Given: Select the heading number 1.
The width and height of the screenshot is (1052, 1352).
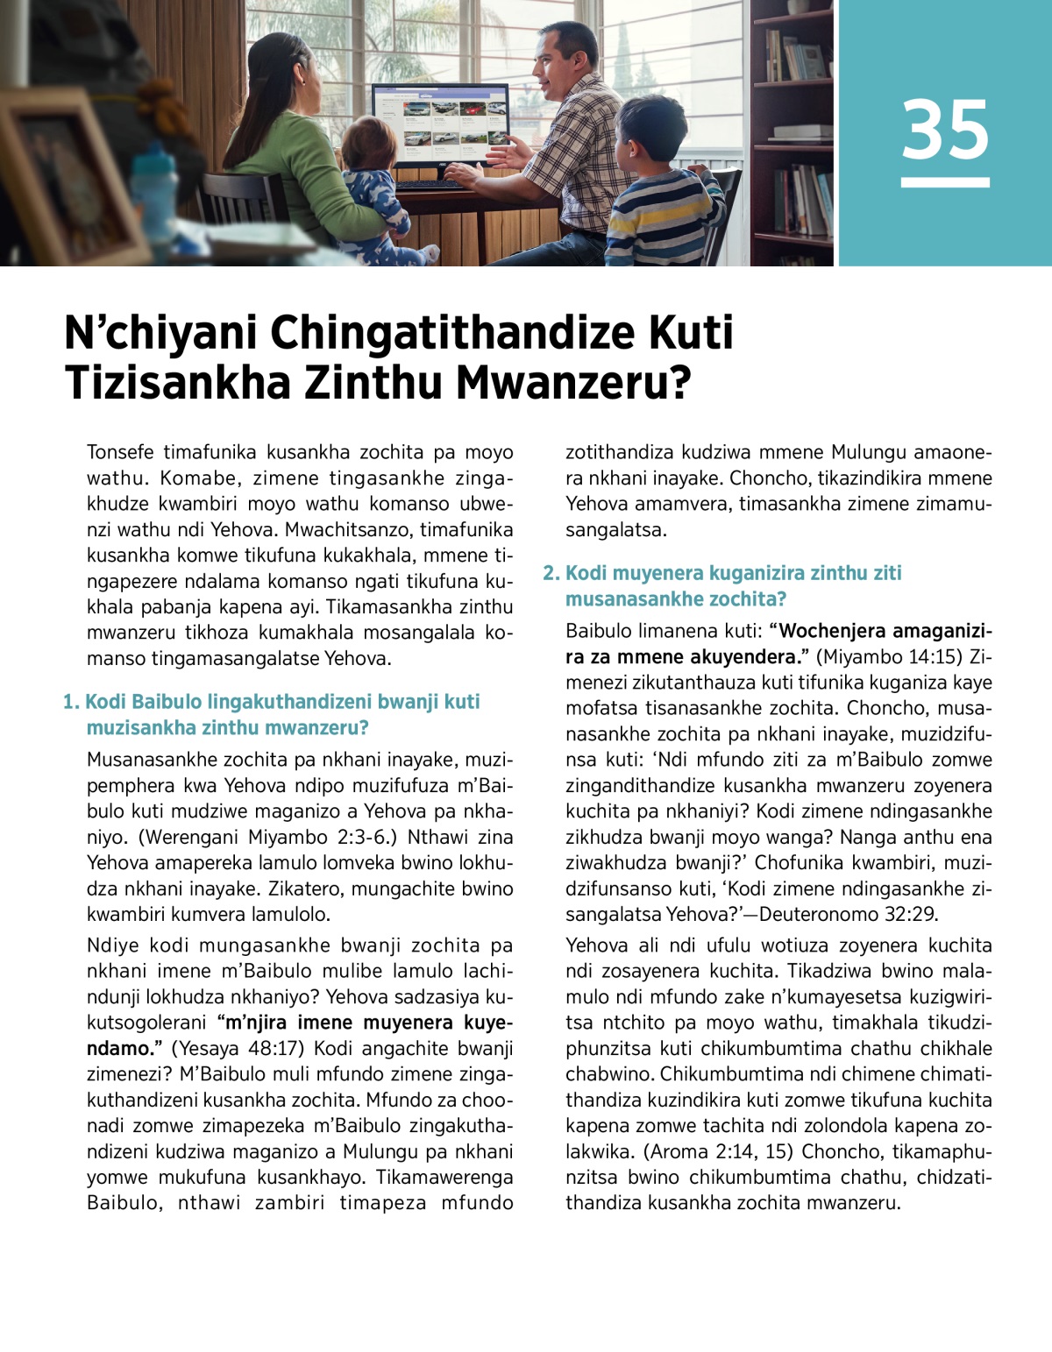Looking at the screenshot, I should coord(71,702).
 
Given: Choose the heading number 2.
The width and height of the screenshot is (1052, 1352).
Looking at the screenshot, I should coord(551,573).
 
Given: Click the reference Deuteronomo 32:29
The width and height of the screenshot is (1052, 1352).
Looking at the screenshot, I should coord(849,914).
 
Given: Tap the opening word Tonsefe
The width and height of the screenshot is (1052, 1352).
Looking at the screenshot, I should coord(120,452).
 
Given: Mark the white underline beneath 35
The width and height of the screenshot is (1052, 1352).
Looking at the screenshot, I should coord(945,182).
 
